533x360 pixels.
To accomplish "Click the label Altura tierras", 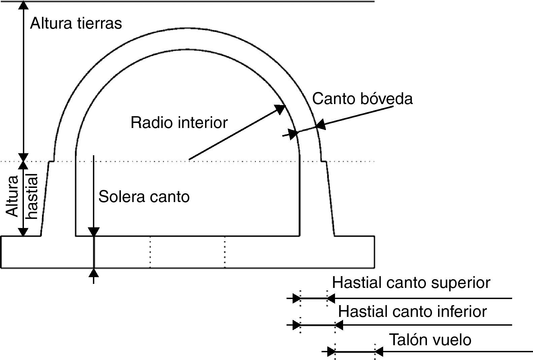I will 76,24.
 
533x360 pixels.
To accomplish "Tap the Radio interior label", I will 179,123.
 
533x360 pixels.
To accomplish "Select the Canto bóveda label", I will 362,99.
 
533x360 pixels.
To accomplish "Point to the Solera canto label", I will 144,197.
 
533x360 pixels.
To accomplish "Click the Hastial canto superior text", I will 411,283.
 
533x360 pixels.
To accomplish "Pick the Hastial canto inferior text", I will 412,312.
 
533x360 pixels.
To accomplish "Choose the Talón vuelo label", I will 430,340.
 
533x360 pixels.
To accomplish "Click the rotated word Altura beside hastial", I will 13,196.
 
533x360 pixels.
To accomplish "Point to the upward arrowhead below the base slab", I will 94,272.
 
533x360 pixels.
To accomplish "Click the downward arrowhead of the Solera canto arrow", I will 94,232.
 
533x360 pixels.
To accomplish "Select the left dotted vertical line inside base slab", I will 150,252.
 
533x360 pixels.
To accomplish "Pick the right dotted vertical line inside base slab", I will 225,252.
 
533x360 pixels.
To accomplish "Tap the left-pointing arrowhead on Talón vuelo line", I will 379,352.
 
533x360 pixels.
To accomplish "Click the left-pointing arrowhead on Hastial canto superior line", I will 331,298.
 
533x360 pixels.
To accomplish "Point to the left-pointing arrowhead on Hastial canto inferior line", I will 339,325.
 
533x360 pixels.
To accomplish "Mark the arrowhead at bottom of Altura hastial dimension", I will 23,232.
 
